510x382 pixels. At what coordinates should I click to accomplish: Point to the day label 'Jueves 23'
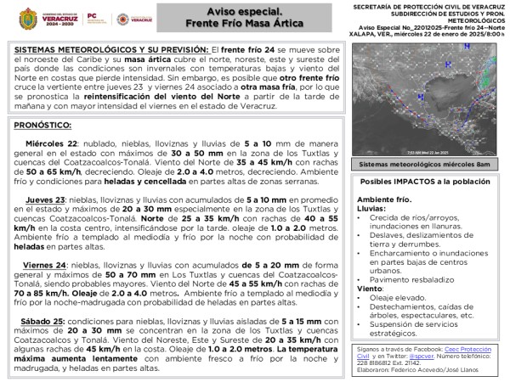pyautogui.click(x=43, y=199)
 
